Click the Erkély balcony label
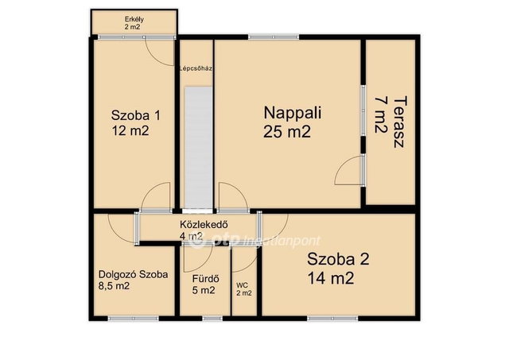134,19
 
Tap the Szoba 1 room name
136,115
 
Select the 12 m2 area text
130,130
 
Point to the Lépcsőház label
196,68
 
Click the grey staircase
198,148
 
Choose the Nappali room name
293,113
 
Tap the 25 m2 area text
287,132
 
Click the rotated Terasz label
400,122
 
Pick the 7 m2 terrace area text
381,114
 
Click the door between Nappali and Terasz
349,170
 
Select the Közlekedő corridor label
204,224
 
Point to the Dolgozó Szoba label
133,275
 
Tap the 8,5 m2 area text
114,286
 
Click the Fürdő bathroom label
205,279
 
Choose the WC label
242,285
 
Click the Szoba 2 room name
338,259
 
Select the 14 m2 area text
331,278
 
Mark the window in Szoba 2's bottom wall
332,319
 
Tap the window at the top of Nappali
274,37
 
